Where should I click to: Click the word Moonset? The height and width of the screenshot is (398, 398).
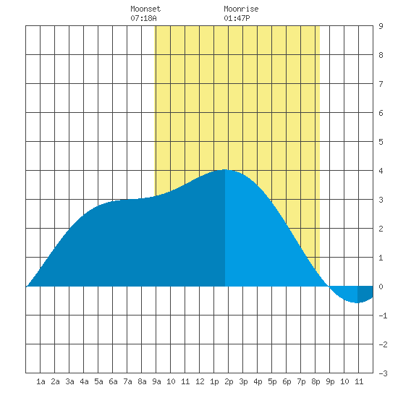(x=145, y=9)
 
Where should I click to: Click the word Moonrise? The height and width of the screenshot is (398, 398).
(x=241, y=9)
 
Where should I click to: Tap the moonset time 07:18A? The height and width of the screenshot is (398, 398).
(x=143, y=18)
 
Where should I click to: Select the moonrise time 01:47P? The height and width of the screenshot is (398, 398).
(x=237, y=18)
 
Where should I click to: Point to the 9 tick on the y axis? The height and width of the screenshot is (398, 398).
(x=381, y=26)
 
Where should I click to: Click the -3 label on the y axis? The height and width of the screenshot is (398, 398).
(x=383, y=373)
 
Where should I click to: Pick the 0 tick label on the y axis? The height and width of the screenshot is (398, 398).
(x=381, y=287)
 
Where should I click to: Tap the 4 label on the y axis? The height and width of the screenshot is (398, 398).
(x=381, y=171)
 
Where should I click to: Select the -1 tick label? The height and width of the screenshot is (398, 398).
(x=383, y=316)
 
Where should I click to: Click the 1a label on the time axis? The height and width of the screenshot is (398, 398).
(x=41, y=381)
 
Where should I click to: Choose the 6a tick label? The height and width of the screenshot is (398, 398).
(x=113, y=381)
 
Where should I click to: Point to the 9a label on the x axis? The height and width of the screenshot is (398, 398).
(x=156, y=381)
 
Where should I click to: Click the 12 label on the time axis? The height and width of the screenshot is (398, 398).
(x=200, y=381)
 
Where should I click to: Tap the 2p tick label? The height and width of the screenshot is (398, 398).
(x=229, y=381)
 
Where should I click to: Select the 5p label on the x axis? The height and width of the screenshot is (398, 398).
(x=272, y=381)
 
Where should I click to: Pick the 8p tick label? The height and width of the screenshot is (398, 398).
(x=316, y=381)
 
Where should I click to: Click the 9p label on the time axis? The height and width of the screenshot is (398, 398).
(x=330, y=381)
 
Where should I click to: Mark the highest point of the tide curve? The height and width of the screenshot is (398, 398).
(x=225, y=169)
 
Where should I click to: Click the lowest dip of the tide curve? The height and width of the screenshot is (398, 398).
(x=357, y=302)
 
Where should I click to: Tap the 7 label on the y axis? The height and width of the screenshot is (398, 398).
(x=381, y=84)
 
